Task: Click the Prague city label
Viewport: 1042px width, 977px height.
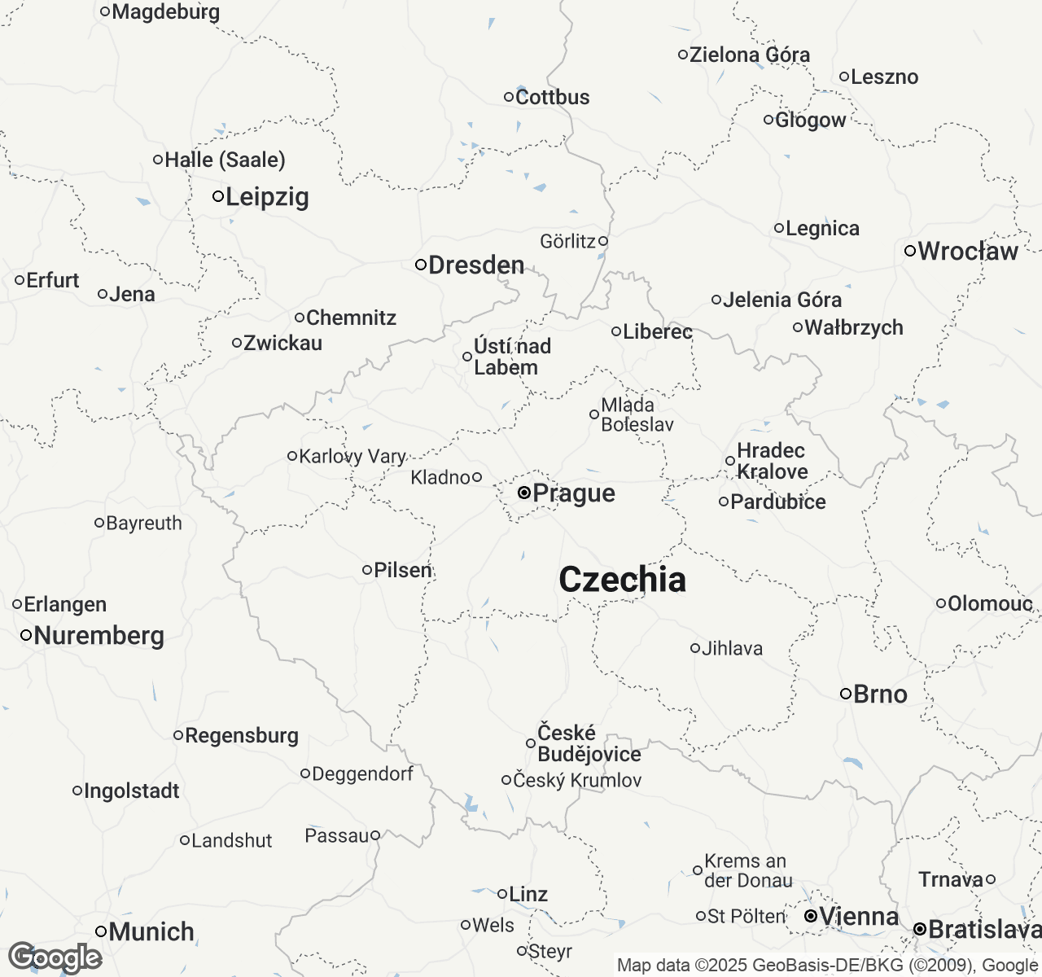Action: coord(574,493)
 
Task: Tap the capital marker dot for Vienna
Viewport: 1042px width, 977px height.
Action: coord(811,917)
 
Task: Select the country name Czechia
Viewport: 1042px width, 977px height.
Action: coord(622,580)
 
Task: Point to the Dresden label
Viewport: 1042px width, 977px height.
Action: coord(476,265)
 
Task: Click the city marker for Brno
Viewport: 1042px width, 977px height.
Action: coord(846,694)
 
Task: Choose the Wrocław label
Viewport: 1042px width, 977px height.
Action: coord(968,251)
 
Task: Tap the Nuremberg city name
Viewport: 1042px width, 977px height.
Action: coord(99,635)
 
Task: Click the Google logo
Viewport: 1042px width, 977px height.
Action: coord(55,957)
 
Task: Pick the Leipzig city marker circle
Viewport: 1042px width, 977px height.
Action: coord(218,196)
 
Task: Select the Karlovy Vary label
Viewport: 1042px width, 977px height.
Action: coord(352,456)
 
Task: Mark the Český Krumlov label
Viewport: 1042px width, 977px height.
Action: coord(577,780)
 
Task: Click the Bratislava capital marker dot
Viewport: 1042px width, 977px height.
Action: coord(919,929)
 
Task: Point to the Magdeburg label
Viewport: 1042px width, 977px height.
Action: coord(165,11)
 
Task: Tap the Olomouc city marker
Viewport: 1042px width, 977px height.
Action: coord(941,603)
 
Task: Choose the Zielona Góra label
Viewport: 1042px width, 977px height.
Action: coord(750,55)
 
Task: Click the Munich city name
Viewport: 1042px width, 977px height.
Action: coord(151,931)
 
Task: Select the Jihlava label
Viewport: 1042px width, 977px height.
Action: coord(732,648)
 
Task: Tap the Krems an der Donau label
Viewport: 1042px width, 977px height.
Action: coord(748,870)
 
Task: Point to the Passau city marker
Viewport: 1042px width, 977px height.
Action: coord(375,835)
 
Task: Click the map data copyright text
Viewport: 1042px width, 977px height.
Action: coord(827,966)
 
